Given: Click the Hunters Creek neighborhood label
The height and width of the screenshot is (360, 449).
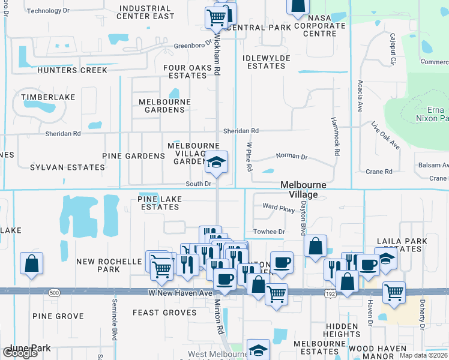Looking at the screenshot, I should tap(72, 70).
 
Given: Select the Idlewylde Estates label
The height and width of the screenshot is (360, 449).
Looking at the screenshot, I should tap(266, 62).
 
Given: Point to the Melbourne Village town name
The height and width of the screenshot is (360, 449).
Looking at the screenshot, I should tap(304, 190).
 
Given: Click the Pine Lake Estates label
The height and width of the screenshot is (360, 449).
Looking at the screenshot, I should tap(158, 203).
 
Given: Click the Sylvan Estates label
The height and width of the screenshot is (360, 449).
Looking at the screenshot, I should tap(59, 167).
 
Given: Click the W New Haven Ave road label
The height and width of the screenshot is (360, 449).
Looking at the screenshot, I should tap(181, 292).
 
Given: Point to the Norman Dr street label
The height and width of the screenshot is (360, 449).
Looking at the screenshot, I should tap(291, 157).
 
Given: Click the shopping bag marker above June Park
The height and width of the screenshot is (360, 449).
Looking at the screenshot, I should tap(31, 263).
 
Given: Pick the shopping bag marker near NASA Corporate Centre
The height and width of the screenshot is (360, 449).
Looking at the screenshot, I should tap(297, 6).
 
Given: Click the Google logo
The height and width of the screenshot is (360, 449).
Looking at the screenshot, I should tap(20, 353).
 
